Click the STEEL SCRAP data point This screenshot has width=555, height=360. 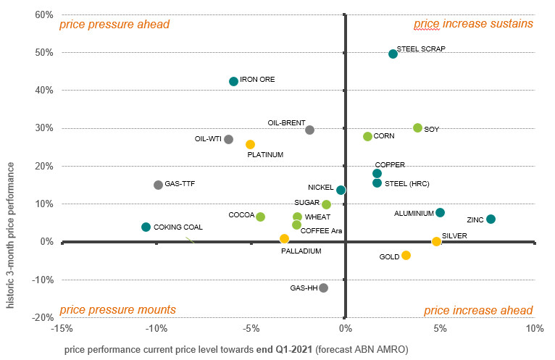point(393,54)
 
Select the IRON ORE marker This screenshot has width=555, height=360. point(233,82)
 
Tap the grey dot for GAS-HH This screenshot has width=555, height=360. point(323,288)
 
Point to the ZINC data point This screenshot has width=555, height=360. point(491,219)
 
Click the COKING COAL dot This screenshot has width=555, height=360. point(146,227)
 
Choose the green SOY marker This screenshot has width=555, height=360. point(417,128)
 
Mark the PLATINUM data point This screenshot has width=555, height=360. point(250,145)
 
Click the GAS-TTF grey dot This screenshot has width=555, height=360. point(158,185)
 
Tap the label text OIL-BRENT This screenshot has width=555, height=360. point(286,123)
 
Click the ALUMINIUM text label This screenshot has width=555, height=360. point(414,214)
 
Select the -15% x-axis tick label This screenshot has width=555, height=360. point(62,328)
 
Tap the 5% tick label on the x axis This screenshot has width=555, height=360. point(440,328)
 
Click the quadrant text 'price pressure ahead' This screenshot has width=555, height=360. point(114,25)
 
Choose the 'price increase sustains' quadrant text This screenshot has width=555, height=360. point(473,24)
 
